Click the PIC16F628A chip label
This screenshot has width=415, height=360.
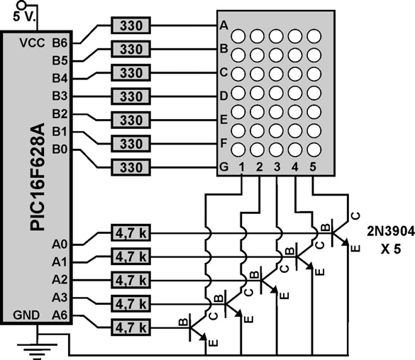[x=37, y=177]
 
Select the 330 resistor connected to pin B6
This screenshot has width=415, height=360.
[x=131, y=26]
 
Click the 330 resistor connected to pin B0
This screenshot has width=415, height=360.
[x=131, y=167]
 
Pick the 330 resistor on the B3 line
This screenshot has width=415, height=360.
[x=131, y=96]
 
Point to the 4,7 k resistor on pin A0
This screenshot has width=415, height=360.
[x=131, y=232]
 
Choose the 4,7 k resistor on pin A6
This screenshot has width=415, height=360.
[x=131, y=327]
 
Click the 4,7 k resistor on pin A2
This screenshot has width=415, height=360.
[x=131, y=279]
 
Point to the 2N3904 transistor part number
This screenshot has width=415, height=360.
[x=388, y=231]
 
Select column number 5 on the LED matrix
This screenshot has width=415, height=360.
[x=313, y=167]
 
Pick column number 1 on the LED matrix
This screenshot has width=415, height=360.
[x=241, y=167]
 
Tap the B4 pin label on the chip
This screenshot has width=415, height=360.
[x=60, y=77]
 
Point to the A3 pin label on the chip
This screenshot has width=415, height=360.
[x=60, y=297]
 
